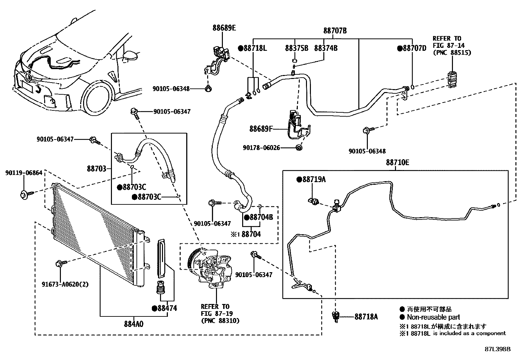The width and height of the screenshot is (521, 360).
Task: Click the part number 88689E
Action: [x=224, y=28]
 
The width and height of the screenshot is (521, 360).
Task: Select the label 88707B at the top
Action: [x=335, y=31]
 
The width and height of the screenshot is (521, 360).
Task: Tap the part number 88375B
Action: [x=296, y=48]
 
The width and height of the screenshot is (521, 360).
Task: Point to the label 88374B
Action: [x=326, y=48]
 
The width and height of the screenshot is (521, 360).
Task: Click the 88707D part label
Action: [x=414, y=48]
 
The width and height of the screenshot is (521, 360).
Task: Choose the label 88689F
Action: [x=261, y=129]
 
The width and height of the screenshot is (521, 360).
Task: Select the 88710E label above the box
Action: [x=397, y=162]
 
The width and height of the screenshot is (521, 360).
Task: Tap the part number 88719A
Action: [x=314, y=179]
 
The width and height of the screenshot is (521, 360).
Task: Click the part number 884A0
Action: [x=134, y=324]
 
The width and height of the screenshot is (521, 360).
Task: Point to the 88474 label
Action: [x=167, y=308]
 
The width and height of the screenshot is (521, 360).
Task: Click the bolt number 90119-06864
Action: [x=24, y=173]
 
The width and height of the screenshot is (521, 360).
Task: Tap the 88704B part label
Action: [x=260, y=217]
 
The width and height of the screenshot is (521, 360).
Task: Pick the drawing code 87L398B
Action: [x=498, y=349]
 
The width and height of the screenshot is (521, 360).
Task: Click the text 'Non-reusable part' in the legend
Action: [x=433, y=317]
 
